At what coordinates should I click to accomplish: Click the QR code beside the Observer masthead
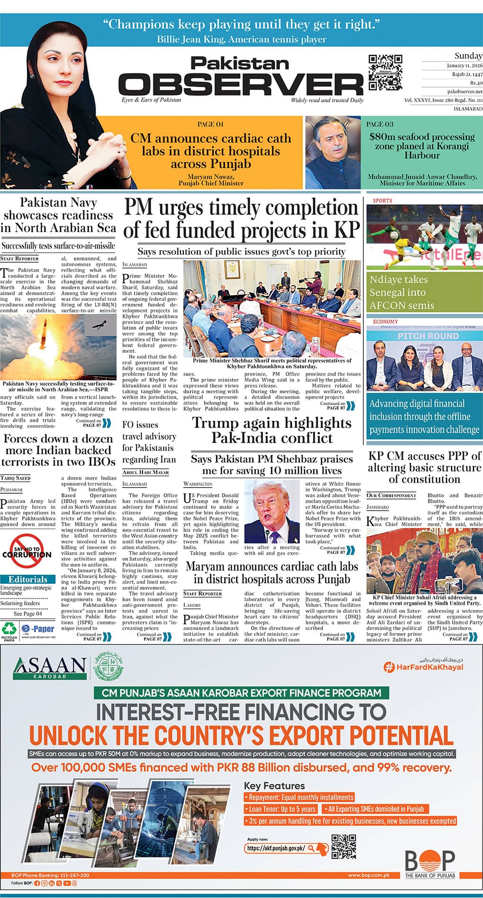click(385, 72)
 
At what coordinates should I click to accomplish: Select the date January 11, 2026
click(465, 65)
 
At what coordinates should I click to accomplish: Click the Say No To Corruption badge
click(27, 551)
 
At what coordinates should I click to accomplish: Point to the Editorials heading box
click(28, 579)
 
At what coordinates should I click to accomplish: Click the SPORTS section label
click(383, 200)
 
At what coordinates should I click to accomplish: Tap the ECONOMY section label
click(385, 322)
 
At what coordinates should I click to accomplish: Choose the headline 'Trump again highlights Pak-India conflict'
click(272, 430)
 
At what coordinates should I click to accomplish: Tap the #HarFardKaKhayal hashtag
click(423, 667)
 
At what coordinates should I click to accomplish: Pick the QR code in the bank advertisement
click(344, 847)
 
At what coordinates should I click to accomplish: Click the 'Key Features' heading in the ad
click(274, 786)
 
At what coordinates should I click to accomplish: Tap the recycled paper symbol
click(9, 630)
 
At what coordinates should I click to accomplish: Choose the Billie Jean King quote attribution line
click(241, 39)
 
